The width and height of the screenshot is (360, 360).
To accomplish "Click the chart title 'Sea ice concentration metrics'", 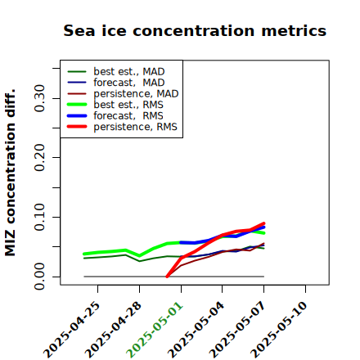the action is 195,30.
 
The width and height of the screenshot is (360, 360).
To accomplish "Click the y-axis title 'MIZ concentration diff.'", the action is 10,173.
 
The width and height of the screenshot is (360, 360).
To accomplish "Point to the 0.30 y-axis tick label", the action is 39,98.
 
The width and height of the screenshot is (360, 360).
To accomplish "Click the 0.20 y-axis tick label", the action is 39,157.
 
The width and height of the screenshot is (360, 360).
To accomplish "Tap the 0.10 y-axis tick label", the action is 39,217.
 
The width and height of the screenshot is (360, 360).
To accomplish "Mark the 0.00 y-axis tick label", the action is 39,277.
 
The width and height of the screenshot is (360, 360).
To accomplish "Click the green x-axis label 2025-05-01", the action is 155,330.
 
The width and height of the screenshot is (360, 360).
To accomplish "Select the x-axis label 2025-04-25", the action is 71,330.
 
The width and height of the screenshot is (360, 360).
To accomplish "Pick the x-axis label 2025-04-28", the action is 113,330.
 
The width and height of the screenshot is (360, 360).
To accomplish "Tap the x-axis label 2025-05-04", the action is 196,330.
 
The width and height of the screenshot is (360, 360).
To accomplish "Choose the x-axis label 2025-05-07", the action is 237,330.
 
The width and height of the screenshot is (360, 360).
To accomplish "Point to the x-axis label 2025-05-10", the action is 279,330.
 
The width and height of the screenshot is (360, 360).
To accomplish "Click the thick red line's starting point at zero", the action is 167,277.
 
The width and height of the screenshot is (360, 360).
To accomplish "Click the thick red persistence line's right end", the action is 263,223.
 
